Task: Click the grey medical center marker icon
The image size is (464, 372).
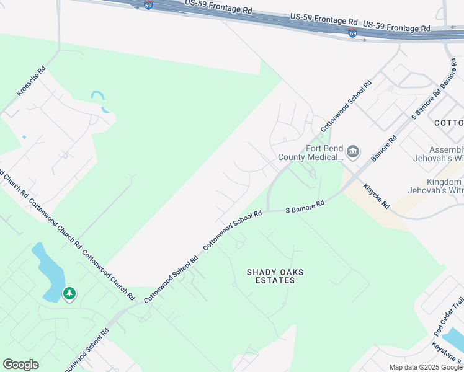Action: pyautogui.click(x=353, y=151)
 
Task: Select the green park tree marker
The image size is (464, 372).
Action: pyautogui.click(x=69, y=293)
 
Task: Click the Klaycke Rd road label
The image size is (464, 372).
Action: pyautogui.click(x=376, y=196)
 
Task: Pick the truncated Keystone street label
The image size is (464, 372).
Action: pyautogui.click(x=448, y=352)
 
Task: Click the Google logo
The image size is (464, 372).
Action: pyautogui.click(x=20, y=365)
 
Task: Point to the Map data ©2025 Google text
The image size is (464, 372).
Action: pyautogui.click(x=426, y=367)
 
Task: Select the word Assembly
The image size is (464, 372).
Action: pyautogui.click(x=447, y=150)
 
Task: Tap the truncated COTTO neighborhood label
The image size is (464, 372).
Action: pyautogui.click(x=448, y=123)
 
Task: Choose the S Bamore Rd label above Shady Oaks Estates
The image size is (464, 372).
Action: pyautogui.click(x=305, y=207)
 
